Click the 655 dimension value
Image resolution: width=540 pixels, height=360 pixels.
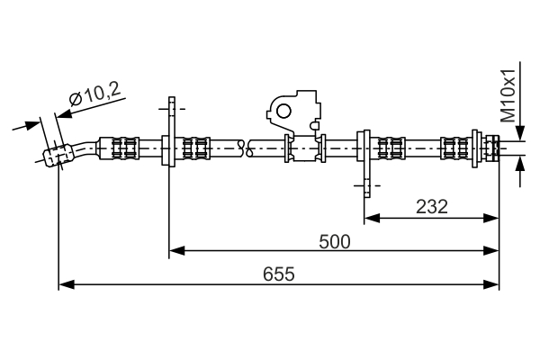pyautogui.click(x=278, y=274)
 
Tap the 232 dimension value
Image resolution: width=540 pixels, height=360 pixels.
pyautogui.click(x=432, y=206)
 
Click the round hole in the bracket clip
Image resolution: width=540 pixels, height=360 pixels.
pyautogui.click(x=283, y=111)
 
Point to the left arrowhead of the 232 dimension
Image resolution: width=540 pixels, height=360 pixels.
pyautogui.click(x=371, y=217)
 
